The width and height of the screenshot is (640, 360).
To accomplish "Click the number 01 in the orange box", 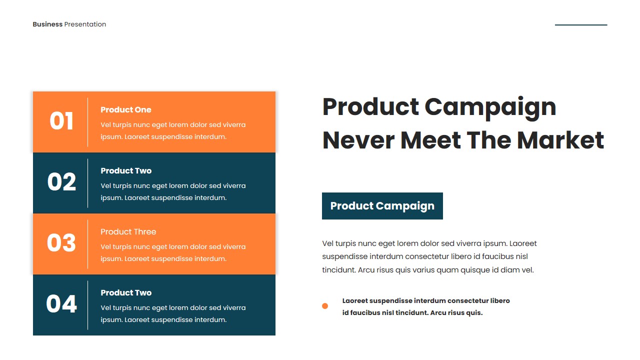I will pyautogui.click(x=61, y=121).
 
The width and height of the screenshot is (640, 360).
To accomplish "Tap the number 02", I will pyautogui.click(x=61, y=182).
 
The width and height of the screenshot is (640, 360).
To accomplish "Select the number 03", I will pyautogui.click(x=61, y=243).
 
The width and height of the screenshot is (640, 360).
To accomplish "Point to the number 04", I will pyautogui.click(x=61, y=304).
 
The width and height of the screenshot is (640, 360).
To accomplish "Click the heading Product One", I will pyautogui.click(x=125, y=110).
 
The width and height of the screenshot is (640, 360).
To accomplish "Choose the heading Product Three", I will pyautogui.click(x=128, y=232).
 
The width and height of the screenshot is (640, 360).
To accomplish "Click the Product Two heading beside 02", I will pyautogui.click(x=125, y=171).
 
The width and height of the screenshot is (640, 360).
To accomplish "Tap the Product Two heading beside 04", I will pyautogui.click(x=125, y=293).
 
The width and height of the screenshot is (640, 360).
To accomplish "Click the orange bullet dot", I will pyautogui.click(x=325, y=306).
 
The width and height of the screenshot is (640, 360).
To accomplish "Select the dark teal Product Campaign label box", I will pyautogui.click(x=382, y=206).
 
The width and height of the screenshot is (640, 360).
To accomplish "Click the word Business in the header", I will pyautogui.click(x=47, y=24).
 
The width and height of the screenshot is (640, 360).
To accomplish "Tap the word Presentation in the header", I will pyautogui.click(x=85, y=24).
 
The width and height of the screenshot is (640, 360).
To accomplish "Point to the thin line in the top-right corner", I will pyautogui.click(x=581, y=25).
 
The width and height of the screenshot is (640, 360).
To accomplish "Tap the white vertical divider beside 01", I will pyautogui.click(x=88, y=122).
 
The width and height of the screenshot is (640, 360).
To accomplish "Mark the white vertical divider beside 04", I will pyautogui.click(x=88, y=305).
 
